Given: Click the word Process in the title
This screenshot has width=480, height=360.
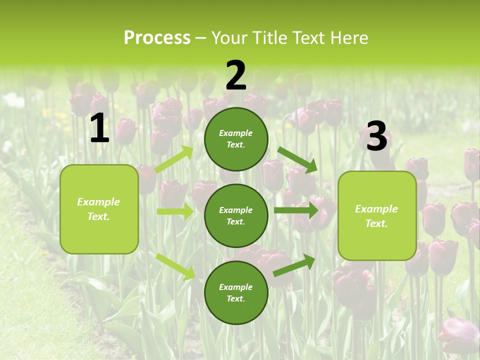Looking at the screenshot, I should [x=157, y=38].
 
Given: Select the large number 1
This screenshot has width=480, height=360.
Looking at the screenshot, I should [x=99, y=129].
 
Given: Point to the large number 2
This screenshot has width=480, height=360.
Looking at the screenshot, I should [x=236, y=76].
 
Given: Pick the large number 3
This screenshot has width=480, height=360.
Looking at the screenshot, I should [x=376, y=136].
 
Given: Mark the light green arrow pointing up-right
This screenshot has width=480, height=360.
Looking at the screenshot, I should [x=174, y=159].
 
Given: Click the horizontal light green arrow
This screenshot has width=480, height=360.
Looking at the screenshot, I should [x=175, y=211].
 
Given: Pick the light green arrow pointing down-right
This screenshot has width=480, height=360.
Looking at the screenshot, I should [x=175, y=266].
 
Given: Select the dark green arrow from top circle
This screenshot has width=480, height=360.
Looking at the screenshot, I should [x=297, y=160].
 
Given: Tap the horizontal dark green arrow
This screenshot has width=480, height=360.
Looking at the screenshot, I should [x=296, y=210].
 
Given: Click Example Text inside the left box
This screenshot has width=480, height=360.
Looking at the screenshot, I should [x=98, y=209].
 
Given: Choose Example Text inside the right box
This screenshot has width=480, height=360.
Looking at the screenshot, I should [x=376, y=216].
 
